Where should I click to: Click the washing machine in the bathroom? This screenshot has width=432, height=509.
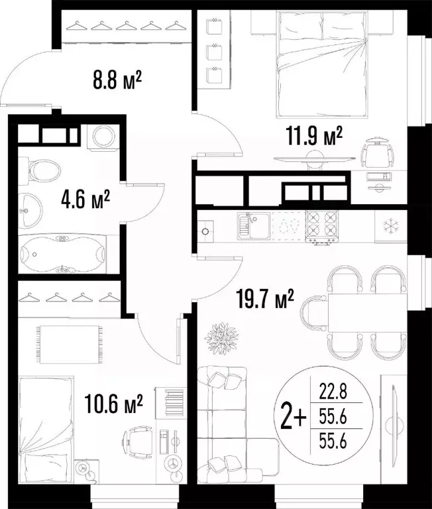(103, 136)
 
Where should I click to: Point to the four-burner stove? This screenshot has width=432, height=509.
(322, 224)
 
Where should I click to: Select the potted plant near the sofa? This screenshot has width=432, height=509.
(221, 338)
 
